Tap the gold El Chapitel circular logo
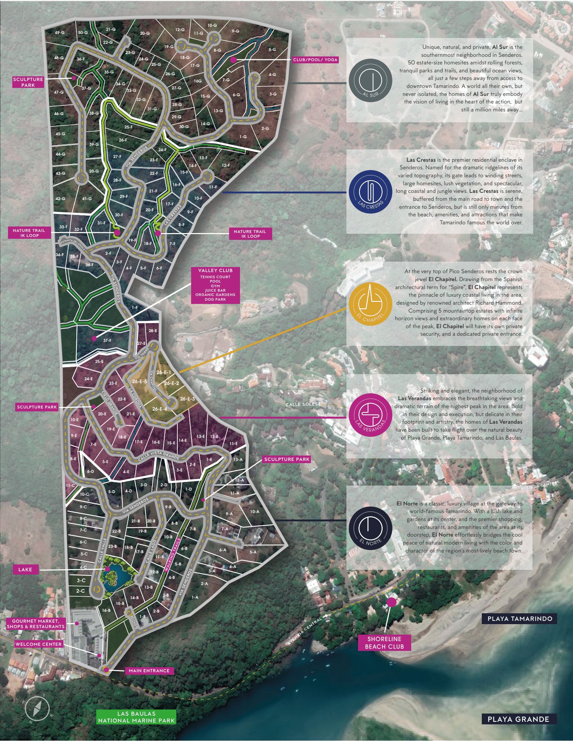(x=370, y=304)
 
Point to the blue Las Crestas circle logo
(x=370, y=192)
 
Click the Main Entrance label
(x=149, y=670)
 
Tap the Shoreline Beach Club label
(x=384, y=643)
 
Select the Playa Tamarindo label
(x=519, y=618)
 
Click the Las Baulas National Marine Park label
(x=136, y=717)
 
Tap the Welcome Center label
(x=38, y=644)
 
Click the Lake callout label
(x=25, y=569)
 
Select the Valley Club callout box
(x=215, y=285)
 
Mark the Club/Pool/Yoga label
(x=315, y=60)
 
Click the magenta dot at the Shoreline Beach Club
(x=391, y=602)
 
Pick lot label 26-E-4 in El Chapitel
(x=160, y=409)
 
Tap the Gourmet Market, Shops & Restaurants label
(x=35, y=623)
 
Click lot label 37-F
(x=107, y=340)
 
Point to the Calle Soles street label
(x=302, y=404)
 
